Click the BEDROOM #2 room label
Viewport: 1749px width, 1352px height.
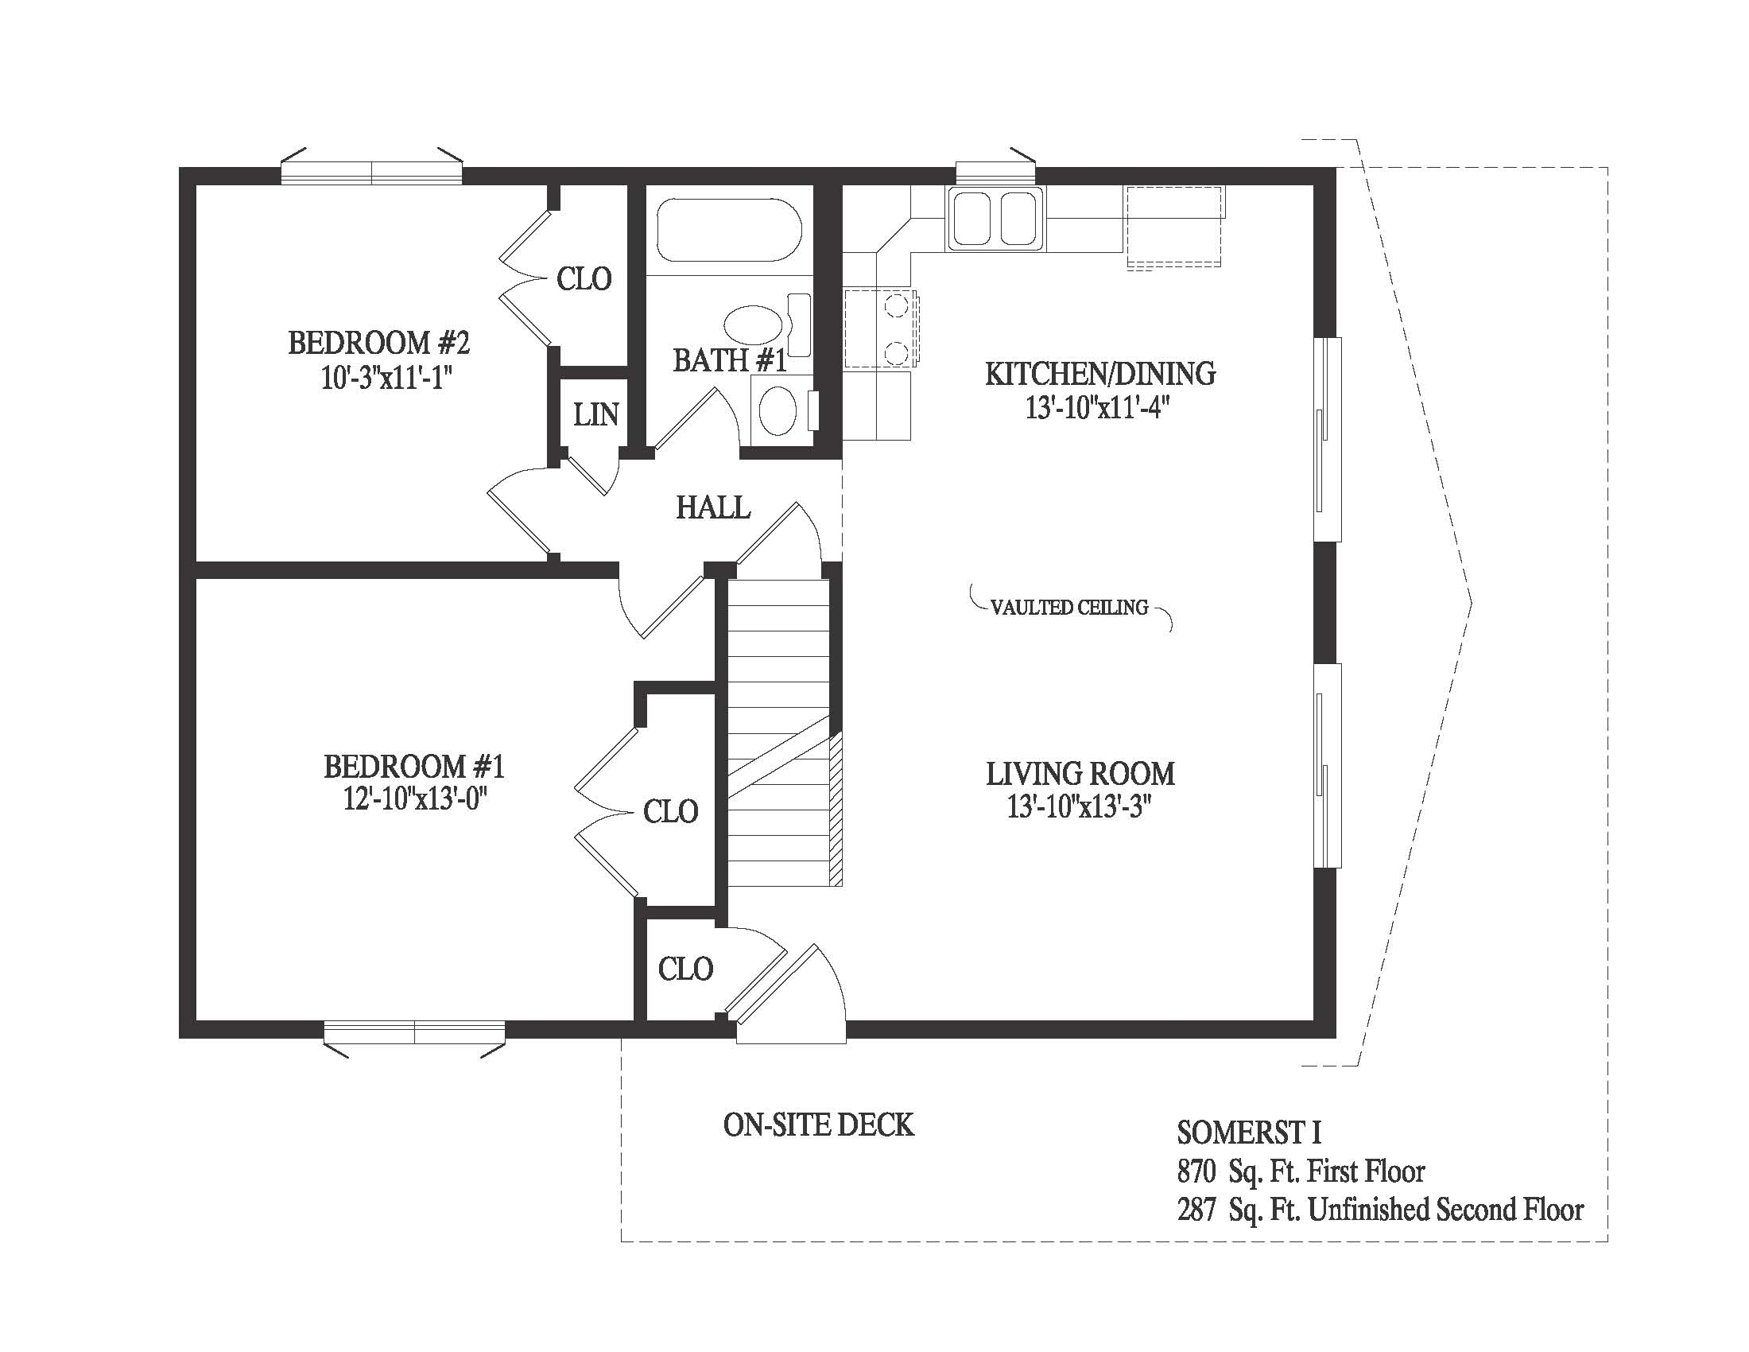pos(378,343)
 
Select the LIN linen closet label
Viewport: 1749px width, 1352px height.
pos(595,414)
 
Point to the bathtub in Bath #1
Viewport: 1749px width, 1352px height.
pos(729,230)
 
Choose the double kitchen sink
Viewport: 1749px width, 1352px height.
pos(995,219)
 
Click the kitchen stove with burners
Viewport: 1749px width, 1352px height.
pos(881,329)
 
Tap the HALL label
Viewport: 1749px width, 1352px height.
pos(713,507)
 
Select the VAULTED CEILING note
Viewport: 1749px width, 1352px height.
pos(1069,608)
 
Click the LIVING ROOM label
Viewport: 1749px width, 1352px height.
pos(1080,774)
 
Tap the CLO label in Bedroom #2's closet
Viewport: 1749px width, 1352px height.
pos(584,278)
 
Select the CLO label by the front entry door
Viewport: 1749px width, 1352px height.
pos(685,969)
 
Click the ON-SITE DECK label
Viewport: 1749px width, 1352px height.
pos(818,1125)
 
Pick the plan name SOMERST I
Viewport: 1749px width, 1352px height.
pos(1249,1132)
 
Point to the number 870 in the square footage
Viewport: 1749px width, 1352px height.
pos(1196,1171)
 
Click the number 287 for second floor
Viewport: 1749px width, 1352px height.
pos(1196,1210)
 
